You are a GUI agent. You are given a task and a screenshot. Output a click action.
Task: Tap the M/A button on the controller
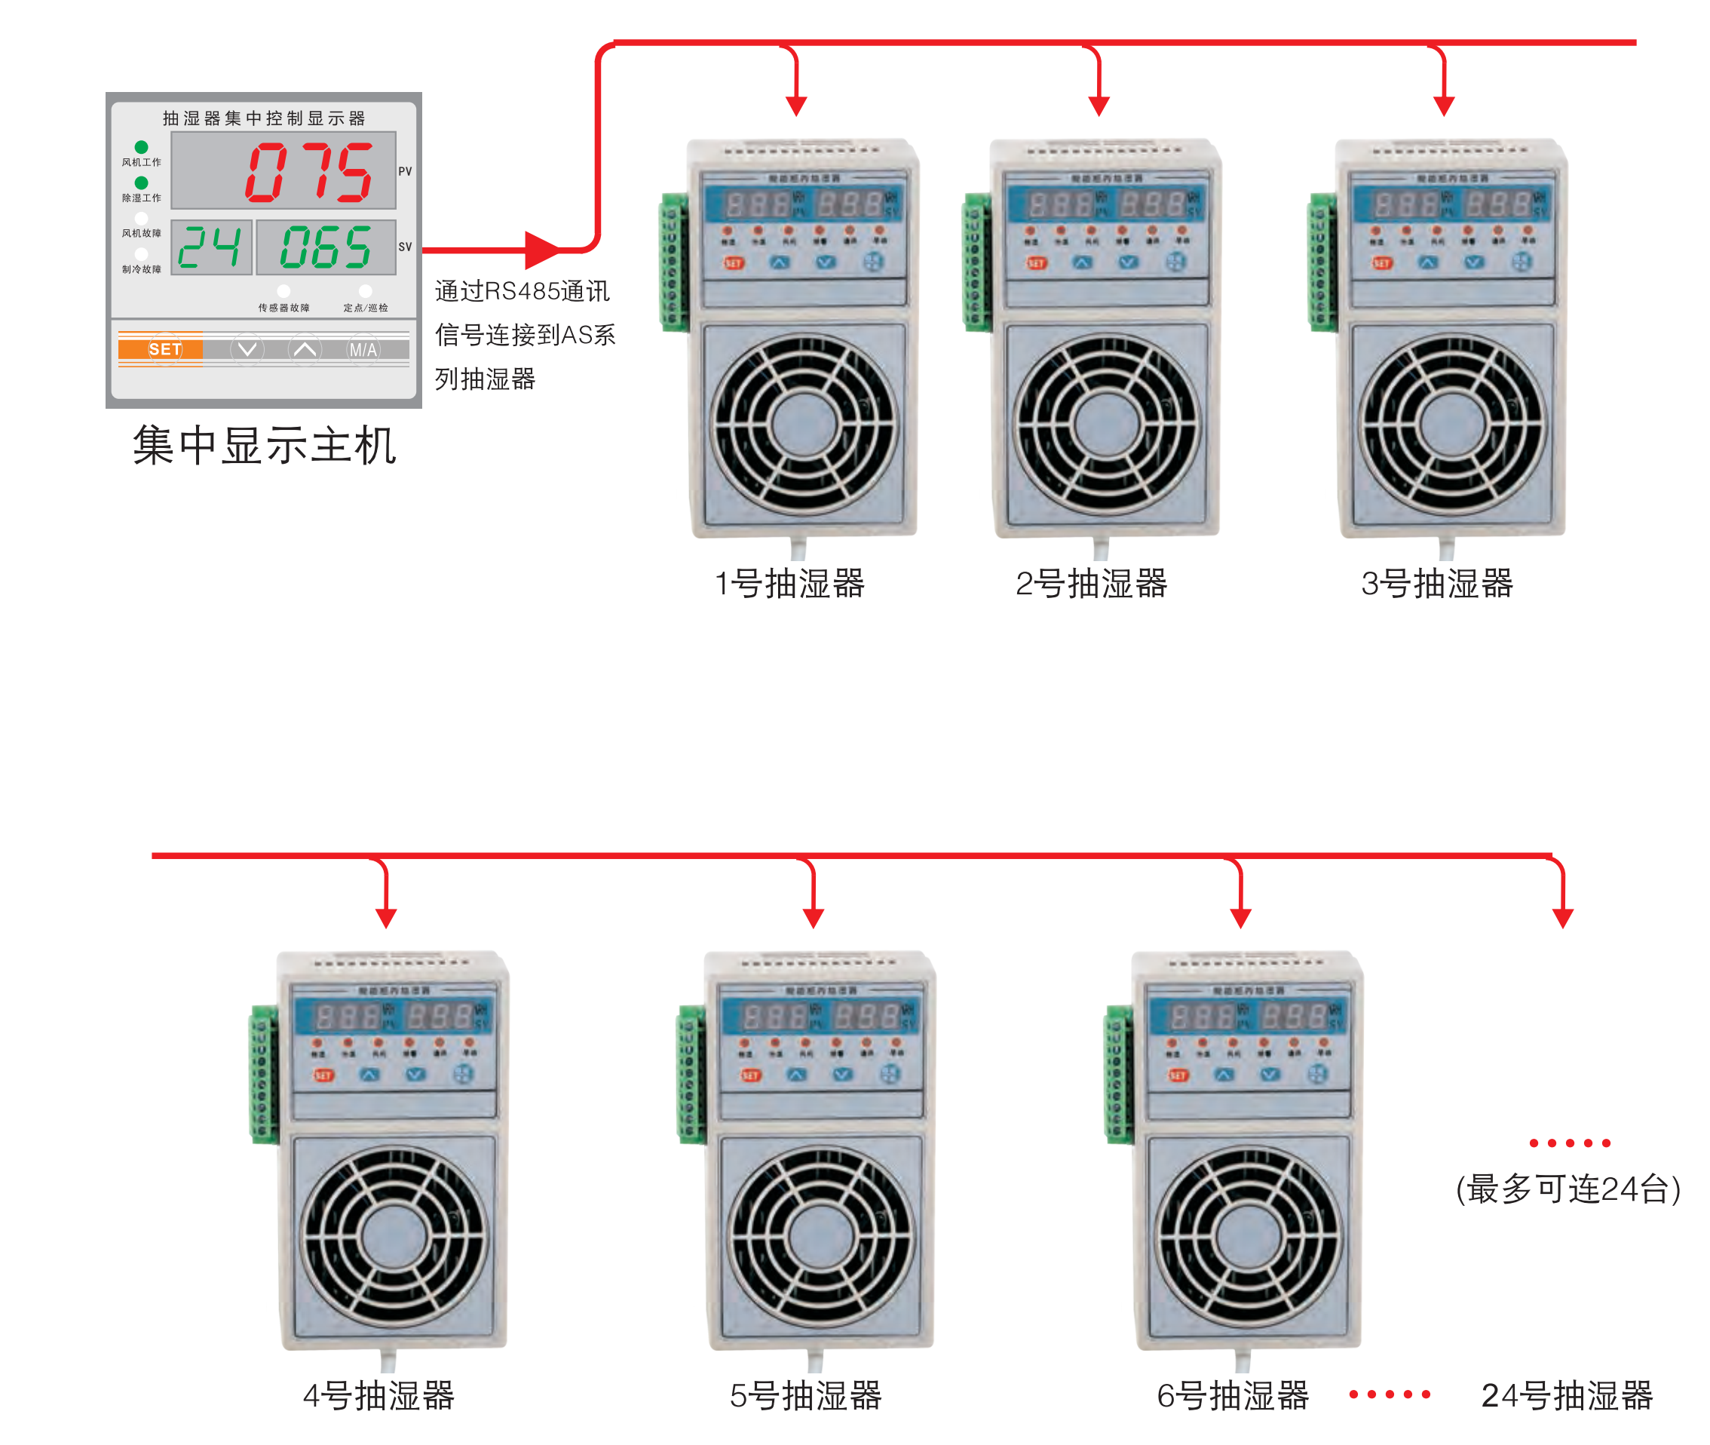tap(363, 350)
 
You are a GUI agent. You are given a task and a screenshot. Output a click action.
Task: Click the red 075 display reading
tap(311, 172)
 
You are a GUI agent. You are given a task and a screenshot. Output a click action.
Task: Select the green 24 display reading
tap(210, 247)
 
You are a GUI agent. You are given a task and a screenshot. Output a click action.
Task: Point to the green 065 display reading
tap(326, 247)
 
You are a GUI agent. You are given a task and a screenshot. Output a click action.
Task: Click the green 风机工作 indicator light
tap(142, 148)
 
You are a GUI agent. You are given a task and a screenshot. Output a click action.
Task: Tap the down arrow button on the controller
tap(247, 350)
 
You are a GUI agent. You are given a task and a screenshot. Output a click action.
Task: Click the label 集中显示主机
tap(265, 446)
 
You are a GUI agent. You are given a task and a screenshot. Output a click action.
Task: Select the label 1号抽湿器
tap(790, 584)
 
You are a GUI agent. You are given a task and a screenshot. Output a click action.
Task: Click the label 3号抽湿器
tap(1436, 584)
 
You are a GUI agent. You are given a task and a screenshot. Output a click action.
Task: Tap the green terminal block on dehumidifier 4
tap(263, 1073)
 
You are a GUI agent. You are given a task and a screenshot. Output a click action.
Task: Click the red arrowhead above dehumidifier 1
tap(796, 106)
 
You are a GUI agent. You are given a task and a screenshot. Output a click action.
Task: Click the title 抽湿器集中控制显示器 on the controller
tap(264, 118)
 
